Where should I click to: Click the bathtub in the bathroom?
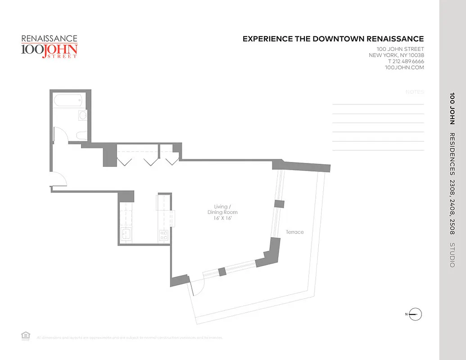tap(67, 100)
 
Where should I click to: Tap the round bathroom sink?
tap(82, 116)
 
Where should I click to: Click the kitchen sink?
tap(126, 234)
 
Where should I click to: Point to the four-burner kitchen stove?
tap(164, 234)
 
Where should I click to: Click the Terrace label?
tap(295, 232)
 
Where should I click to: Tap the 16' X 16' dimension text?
tap(222, 218)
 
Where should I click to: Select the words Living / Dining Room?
tap(222, 209)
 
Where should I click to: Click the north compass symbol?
tap(416, 314)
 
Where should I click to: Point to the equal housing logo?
tap(26, 335)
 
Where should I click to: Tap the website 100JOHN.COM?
tap(404, 67)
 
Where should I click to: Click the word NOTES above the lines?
tap(415, 92)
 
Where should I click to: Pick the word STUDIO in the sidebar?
tap(452, 255)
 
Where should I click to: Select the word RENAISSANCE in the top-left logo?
tap(50, 39)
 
